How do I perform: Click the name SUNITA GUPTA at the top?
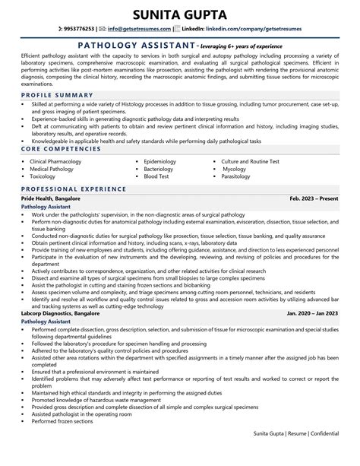[180, 15]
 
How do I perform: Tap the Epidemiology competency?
[159, 161]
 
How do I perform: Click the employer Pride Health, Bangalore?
[50, 198]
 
